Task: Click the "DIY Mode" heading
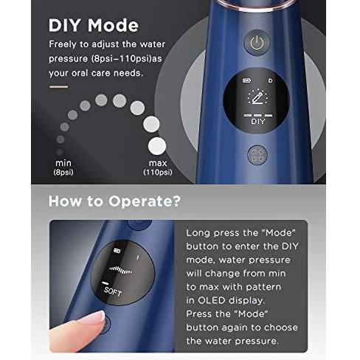[94, 25]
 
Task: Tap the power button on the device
[257, 43]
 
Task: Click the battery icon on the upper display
[246, 80]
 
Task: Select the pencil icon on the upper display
[257, 97]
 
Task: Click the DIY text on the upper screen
[258, 122]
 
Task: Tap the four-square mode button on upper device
[257, 156]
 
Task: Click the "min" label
[63, 163]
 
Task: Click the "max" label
[158, 163]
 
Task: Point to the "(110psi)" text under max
[158, 172]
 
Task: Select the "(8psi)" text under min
[63, 172]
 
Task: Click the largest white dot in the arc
[157, 146]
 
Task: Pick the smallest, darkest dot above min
[60, 152]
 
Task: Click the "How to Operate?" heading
[114, 201]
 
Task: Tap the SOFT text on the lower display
[113, 291]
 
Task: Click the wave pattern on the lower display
[121, 270]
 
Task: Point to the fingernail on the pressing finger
[100, 316]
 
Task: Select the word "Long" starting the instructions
[198, 233]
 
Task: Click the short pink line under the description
[58, 86]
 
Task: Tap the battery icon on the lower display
[117, 251]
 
